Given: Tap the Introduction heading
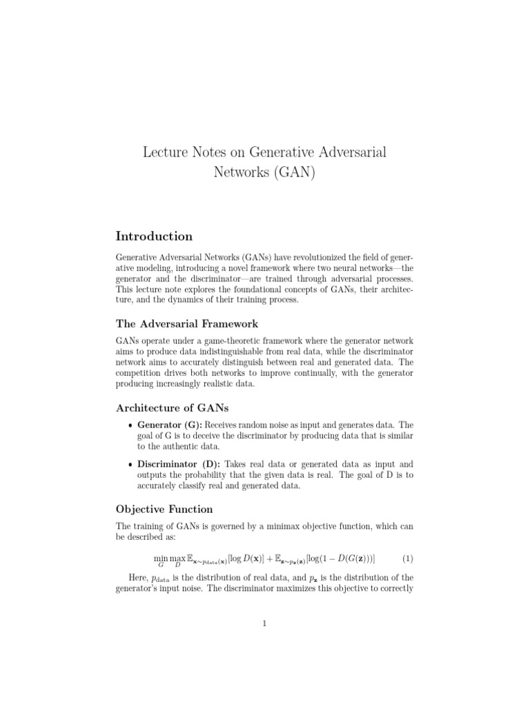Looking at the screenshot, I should point(154,236).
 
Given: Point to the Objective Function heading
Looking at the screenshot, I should point(164,510).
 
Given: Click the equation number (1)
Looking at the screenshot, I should point(406,558).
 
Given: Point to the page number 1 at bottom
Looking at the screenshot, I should point(264,624).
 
